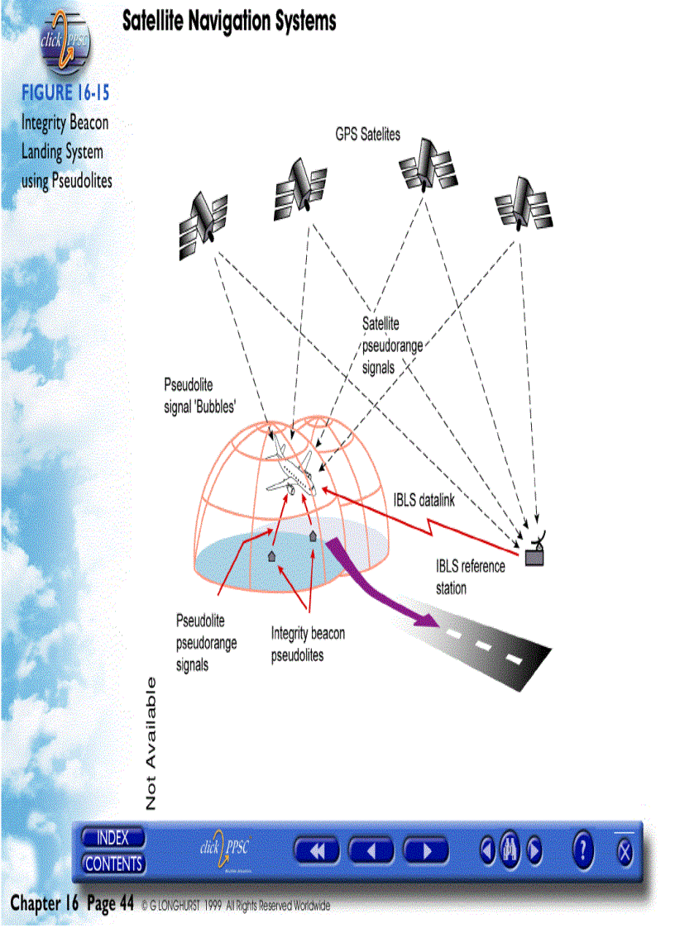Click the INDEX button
(113, 837)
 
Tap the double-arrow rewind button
(317, 850)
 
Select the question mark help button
(583, 849)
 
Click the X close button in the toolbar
(625, 851)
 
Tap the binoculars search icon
(510, 849)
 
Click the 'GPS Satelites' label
(367, 134)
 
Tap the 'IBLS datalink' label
(423, 501)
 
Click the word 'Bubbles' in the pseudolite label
(218, 407)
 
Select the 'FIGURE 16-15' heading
(65, 92)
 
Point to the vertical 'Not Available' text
(151, 743)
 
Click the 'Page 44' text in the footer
(110, 904)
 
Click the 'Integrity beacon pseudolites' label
(308, 644)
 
